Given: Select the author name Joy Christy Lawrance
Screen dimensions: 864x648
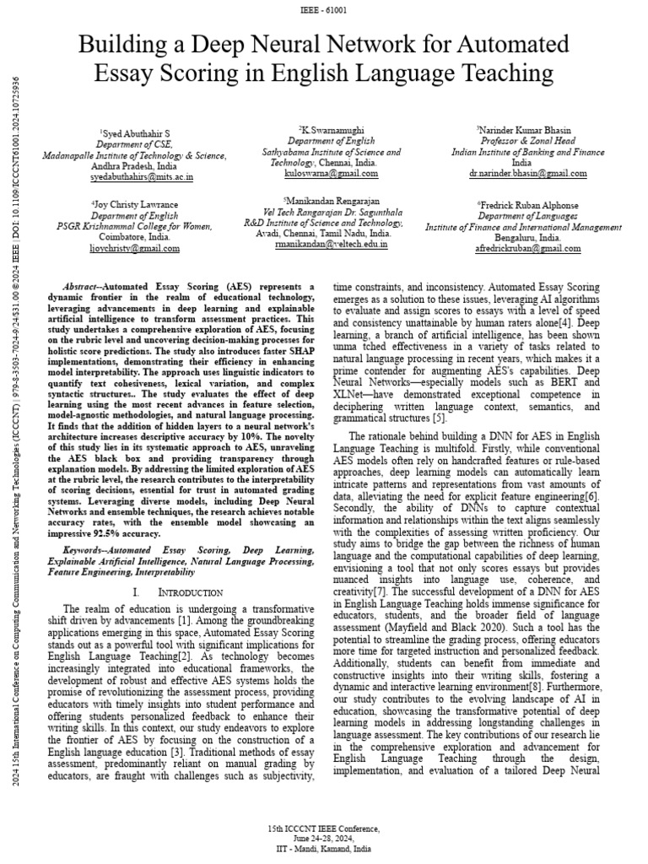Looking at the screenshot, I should [136, 205].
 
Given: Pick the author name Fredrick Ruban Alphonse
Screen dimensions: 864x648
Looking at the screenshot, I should [528, 205].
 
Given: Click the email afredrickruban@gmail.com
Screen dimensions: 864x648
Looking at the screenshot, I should [528, 249].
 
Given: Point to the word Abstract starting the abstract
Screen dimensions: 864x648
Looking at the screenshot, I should [82, 287].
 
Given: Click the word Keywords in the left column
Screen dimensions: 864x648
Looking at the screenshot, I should [84, 549].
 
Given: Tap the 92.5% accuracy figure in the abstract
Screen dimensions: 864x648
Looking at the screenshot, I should [113, 532].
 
